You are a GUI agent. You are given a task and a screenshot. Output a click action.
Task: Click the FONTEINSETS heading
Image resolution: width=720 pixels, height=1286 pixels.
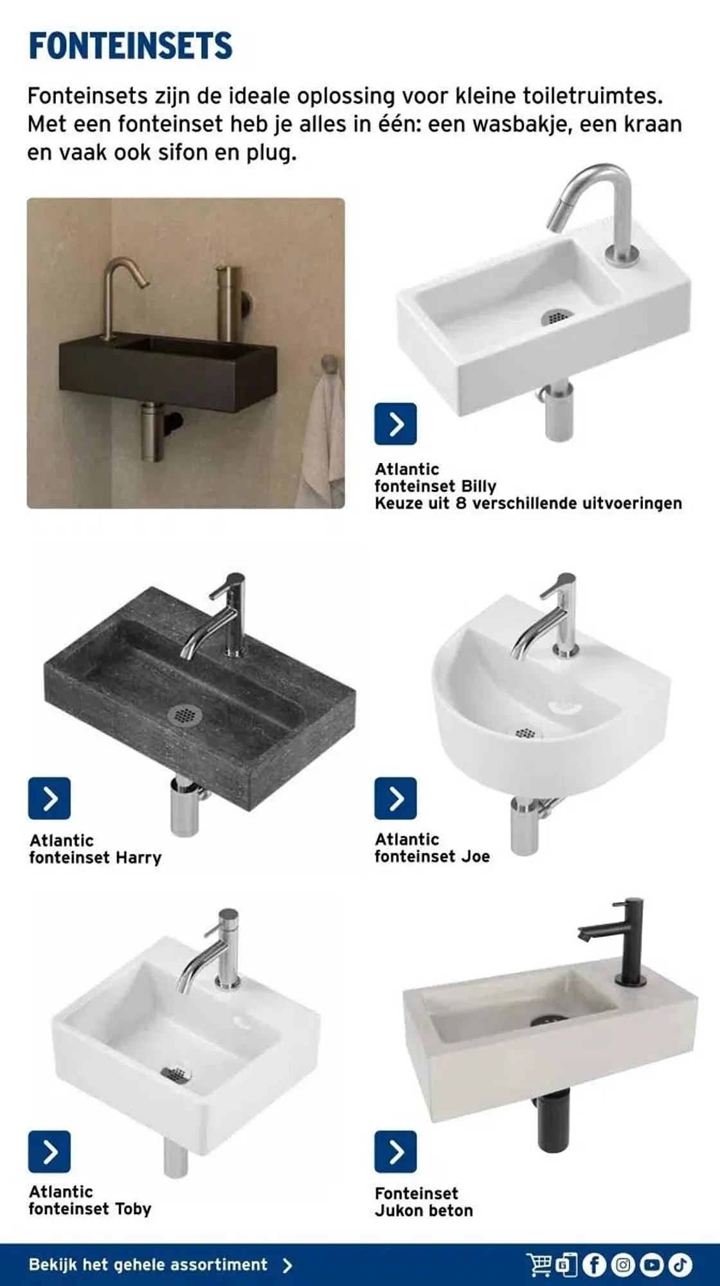click(x=130, y=46)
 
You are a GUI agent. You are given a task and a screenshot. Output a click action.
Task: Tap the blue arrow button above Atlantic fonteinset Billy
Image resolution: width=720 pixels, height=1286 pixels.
click(x=395, y=424)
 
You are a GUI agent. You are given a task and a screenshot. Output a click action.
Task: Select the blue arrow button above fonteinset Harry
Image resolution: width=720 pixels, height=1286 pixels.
click(x=50, y=798)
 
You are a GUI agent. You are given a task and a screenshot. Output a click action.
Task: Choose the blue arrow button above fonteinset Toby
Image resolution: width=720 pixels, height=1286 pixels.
click(x=50, y=1152)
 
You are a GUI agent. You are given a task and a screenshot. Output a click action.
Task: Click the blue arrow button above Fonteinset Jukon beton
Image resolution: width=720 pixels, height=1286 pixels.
click(x=395, y=1152)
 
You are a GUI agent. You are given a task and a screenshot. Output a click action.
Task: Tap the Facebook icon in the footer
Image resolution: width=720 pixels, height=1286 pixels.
click(x=594, y=1265)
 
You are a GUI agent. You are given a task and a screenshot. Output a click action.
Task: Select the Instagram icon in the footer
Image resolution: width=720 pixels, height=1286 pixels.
click(x=622, y=1265)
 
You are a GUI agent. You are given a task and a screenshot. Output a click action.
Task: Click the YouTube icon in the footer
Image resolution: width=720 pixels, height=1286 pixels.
click(x=651, y=1265)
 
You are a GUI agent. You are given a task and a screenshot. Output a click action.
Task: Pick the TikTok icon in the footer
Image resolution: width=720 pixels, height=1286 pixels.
click(x=680, y=1265)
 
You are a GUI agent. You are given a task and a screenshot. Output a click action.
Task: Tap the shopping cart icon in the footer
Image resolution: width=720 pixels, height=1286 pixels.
click(x=539, y=1265)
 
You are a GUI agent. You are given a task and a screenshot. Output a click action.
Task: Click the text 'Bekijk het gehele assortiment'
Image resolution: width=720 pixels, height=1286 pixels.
click(x=148, y=1265)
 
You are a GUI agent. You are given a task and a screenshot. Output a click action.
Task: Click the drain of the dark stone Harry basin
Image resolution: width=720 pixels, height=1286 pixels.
click(x=183, y=714)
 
